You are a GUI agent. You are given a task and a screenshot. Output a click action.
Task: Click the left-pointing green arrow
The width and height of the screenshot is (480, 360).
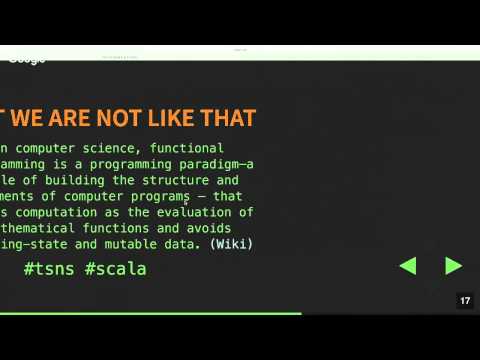pos(407,266)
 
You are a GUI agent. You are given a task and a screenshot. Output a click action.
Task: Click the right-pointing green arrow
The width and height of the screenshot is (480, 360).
pos(453,266)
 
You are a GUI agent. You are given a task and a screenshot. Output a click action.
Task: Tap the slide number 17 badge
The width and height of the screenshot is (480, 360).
pos(465,301)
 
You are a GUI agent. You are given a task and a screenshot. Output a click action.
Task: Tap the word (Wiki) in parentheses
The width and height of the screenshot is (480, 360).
pos(231,243)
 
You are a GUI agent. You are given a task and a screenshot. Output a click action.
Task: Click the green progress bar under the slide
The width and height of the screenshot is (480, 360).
pos(150,313)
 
